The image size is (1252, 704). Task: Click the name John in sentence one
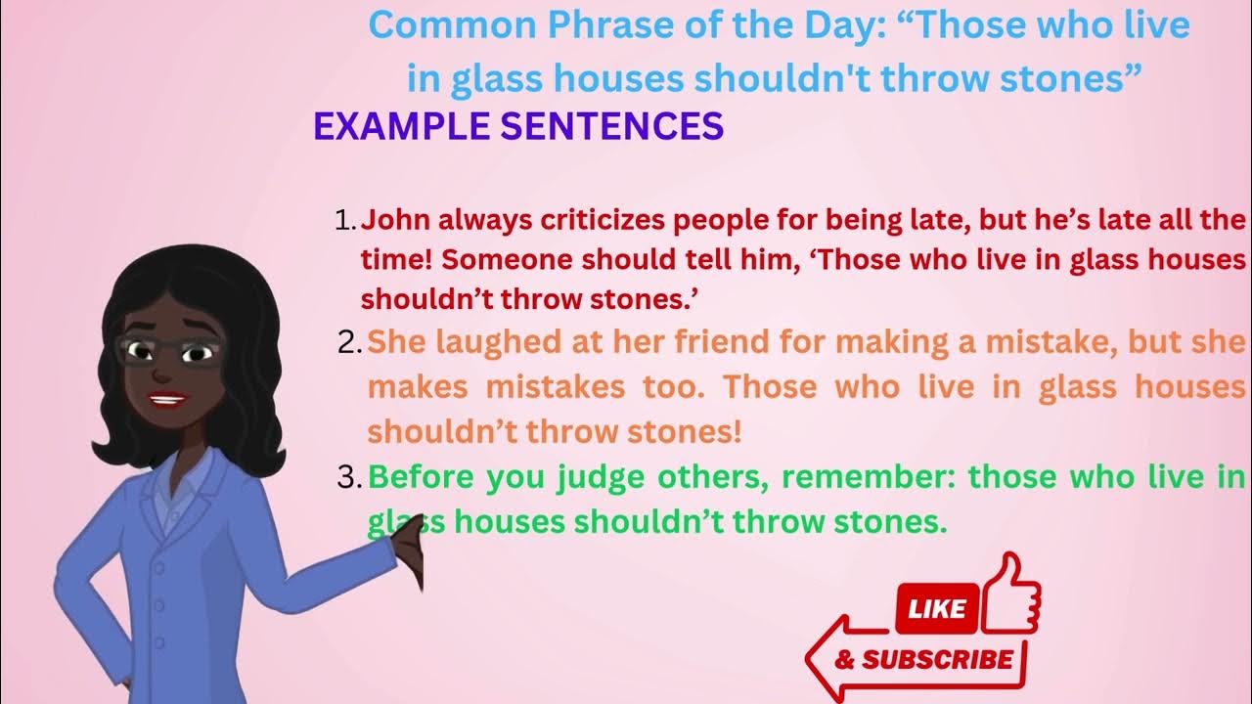click(x=390, y=220)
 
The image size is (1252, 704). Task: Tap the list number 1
click(x=344, y=221)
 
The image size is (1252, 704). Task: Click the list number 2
click(x=348, y=343)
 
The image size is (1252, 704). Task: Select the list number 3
click(x=348, y=479)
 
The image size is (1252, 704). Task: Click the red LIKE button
click(x=937, y=609)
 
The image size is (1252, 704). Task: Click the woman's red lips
click(x=168, y=399)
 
